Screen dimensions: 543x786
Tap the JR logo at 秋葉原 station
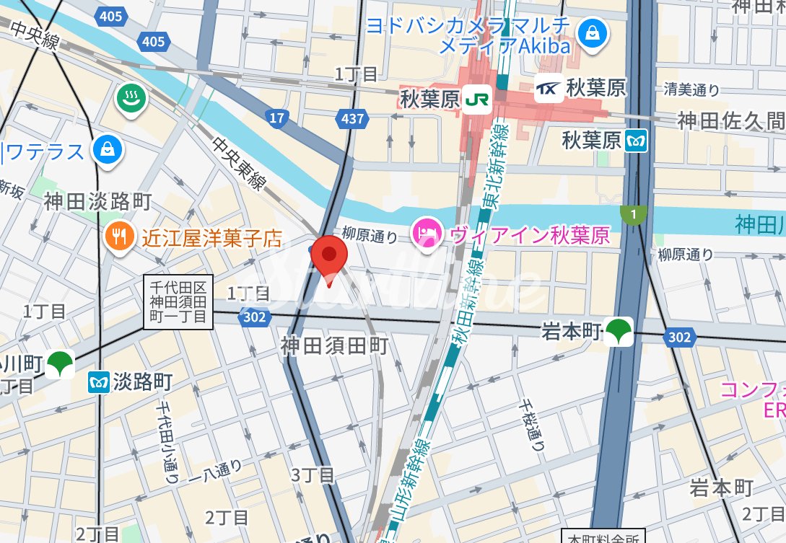click(x=477, y=99)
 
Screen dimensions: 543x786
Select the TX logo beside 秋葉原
click(x=548, y=89)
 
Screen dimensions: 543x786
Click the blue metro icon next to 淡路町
click(x=98, y=382)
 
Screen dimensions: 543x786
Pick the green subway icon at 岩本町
click(x=619, y=331)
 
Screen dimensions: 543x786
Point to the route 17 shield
click(x=276, y=118)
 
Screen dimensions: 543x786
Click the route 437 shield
click(x=353, y=118)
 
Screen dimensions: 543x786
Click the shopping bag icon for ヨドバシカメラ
click(x=593, y=32)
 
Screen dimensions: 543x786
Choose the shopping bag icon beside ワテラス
click(x=108, y=151)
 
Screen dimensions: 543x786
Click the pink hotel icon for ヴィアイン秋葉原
click(x=427, y=234)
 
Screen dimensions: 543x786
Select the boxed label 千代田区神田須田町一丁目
click(x=178, y=303)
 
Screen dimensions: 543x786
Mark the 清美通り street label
click(x=691, y=90)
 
